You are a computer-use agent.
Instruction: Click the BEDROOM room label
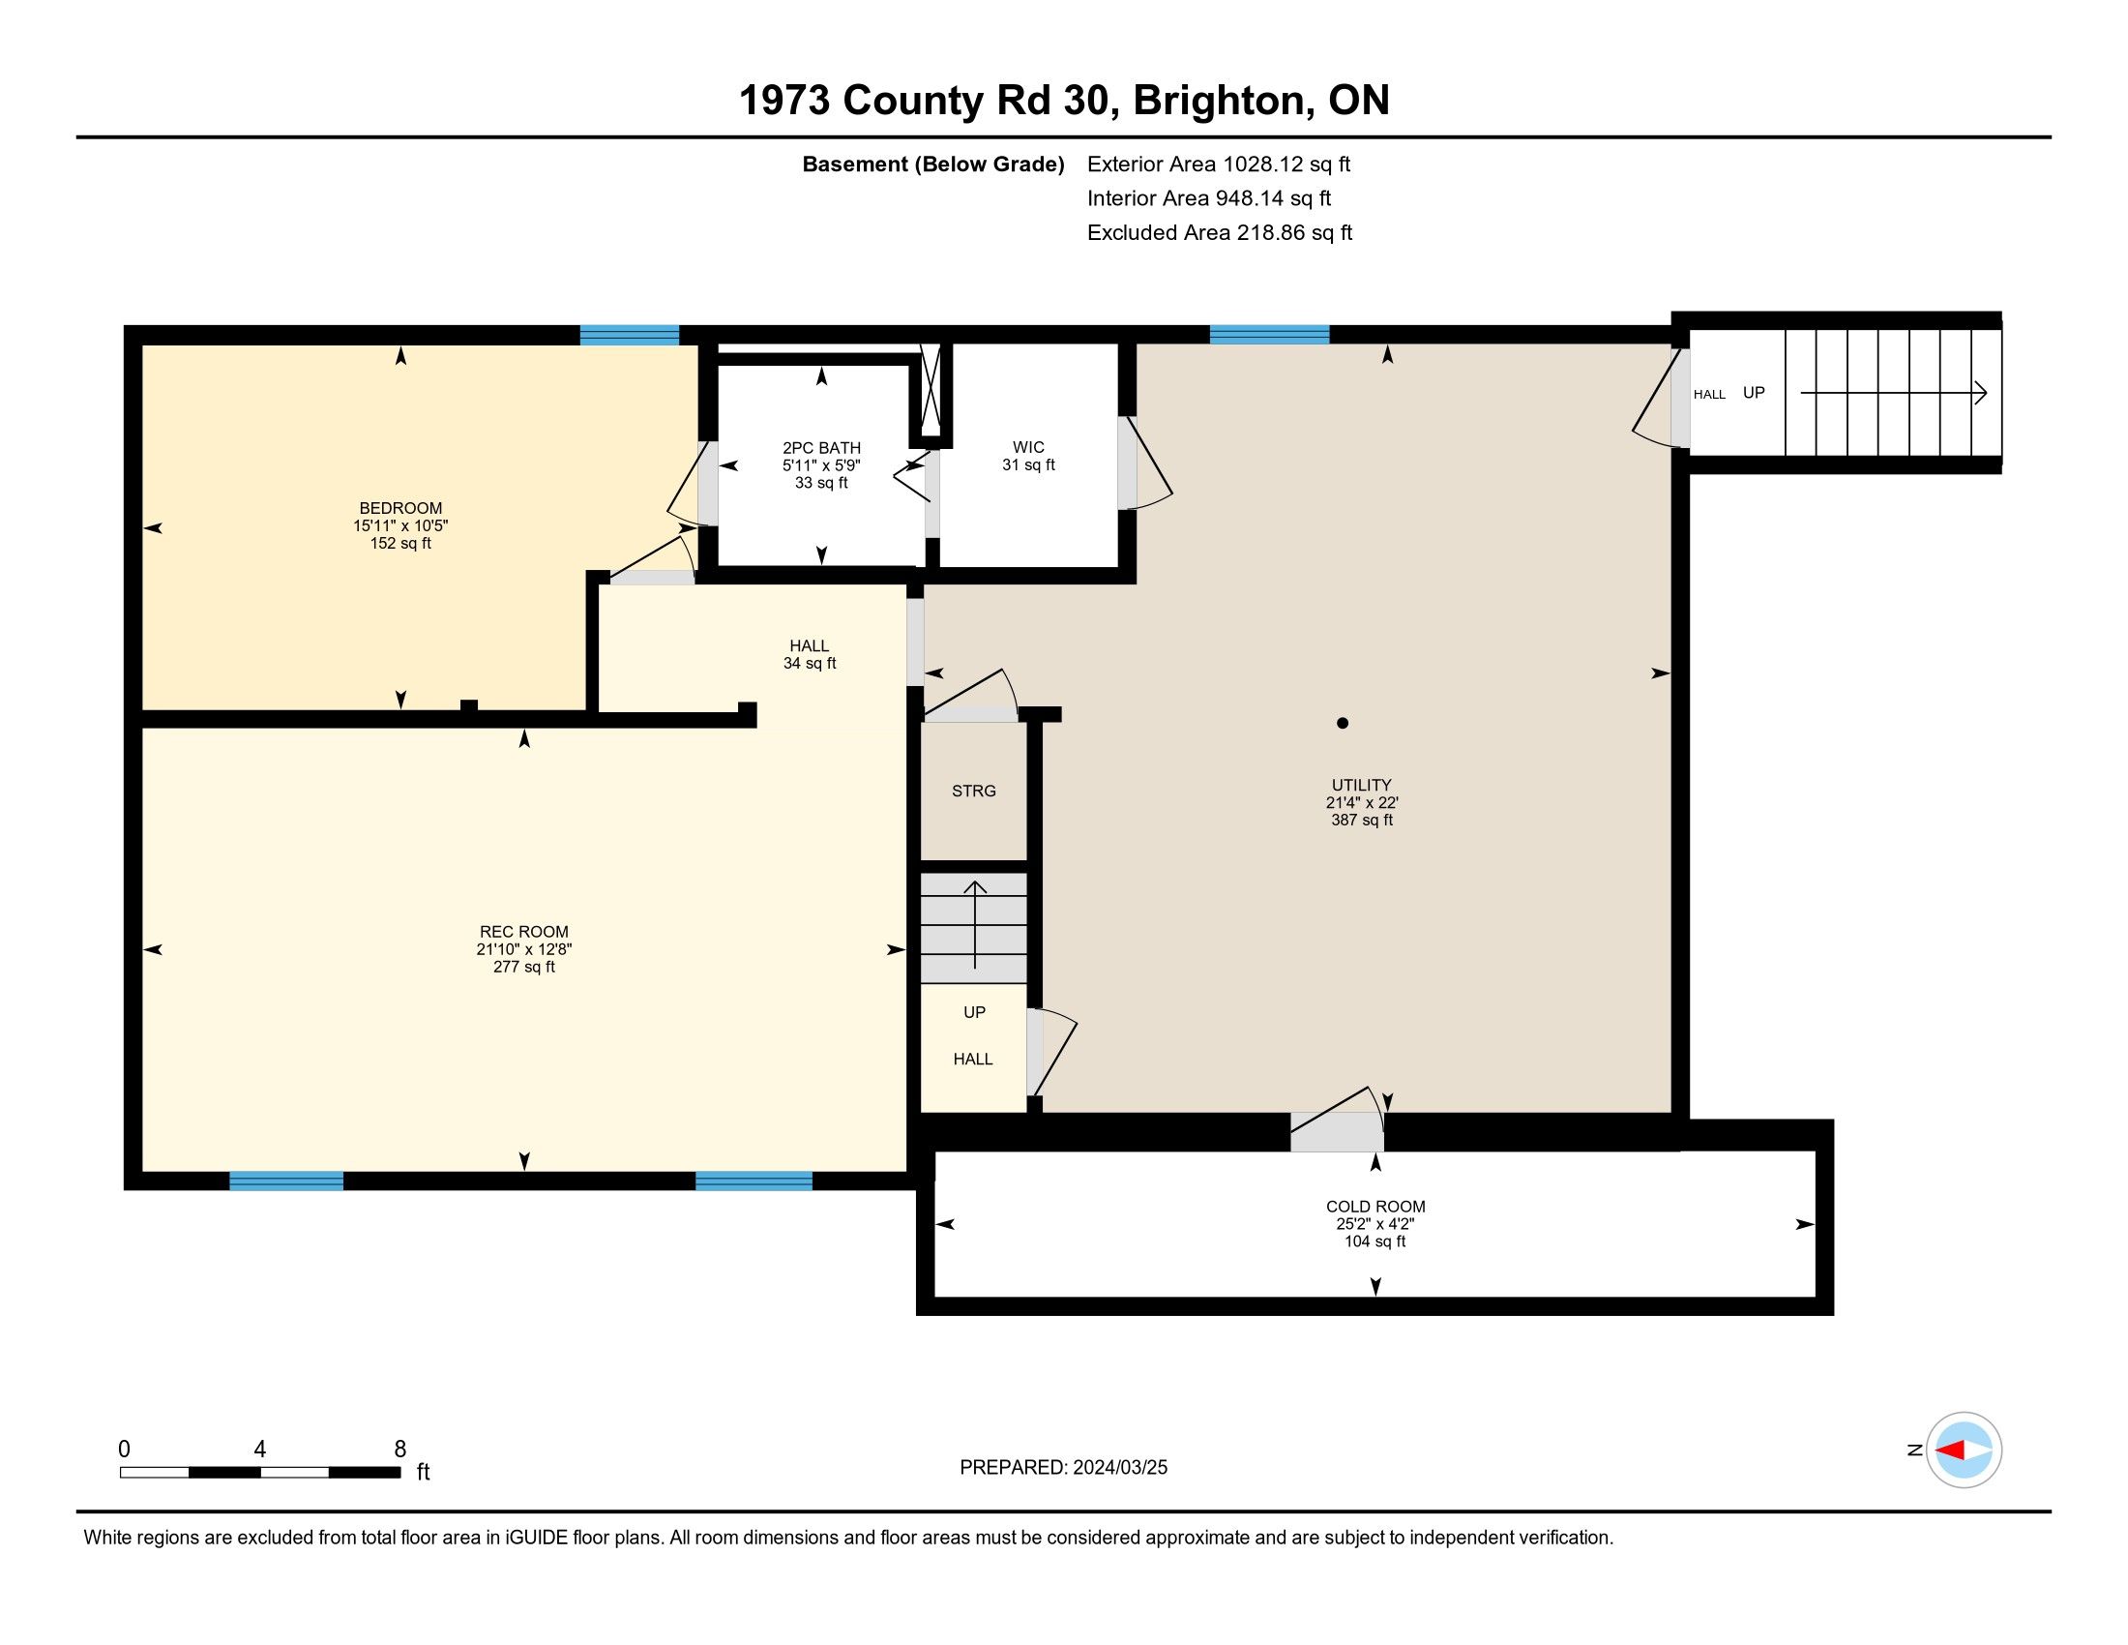400,508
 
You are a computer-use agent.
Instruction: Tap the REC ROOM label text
524,932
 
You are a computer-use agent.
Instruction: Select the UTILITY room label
1361,785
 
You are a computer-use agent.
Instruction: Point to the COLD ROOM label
1374,1207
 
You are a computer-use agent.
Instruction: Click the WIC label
1029,447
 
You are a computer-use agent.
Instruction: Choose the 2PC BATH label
821,448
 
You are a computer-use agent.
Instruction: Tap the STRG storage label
974,792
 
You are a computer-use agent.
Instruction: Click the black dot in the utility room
1343,723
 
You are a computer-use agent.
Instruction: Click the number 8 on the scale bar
399,1450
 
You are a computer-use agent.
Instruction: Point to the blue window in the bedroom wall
630,335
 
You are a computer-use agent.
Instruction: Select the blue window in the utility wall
1270,334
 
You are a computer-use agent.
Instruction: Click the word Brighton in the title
1219,101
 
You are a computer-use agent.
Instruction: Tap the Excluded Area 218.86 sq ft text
1220,233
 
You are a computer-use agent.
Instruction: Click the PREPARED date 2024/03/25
1118,1468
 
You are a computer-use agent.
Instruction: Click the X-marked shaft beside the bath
931,393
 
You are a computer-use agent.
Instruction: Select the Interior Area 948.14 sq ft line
1209,198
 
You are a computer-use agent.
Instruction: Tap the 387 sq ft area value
1362,821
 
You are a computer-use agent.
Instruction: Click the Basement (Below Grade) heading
933,164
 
